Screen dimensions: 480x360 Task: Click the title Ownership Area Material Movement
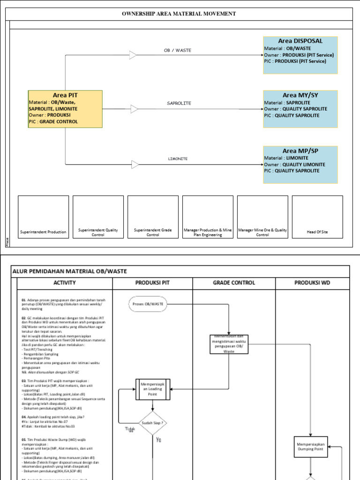tap(179, 14)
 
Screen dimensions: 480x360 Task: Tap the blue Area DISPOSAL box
tap(300, 55)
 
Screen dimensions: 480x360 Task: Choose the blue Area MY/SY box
tap(300, 109)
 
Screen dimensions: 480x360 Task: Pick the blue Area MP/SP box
tap(300, 165)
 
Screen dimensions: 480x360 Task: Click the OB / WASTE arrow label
tap(177, 50)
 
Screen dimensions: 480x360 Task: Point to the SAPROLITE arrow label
tap(179, 103)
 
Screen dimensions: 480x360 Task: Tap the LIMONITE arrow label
tap(178, 159)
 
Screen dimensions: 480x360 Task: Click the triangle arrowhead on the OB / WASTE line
tap(134, 55)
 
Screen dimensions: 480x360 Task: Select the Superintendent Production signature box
tap(43, 217)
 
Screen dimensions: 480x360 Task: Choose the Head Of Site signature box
tap(317, 217)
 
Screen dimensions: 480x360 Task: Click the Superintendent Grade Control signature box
tap(153, 217)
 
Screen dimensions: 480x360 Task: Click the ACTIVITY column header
tap(65, 283)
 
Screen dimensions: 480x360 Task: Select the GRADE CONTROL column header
tap(234, 283)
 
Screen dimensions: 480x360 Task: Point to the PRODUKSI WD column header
tap(312, 283)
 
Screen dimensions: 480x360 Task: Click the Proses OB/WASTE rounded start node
tap(148, 304)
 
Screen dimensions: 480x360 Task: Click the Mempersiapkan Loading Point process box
tap(153, 389)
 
